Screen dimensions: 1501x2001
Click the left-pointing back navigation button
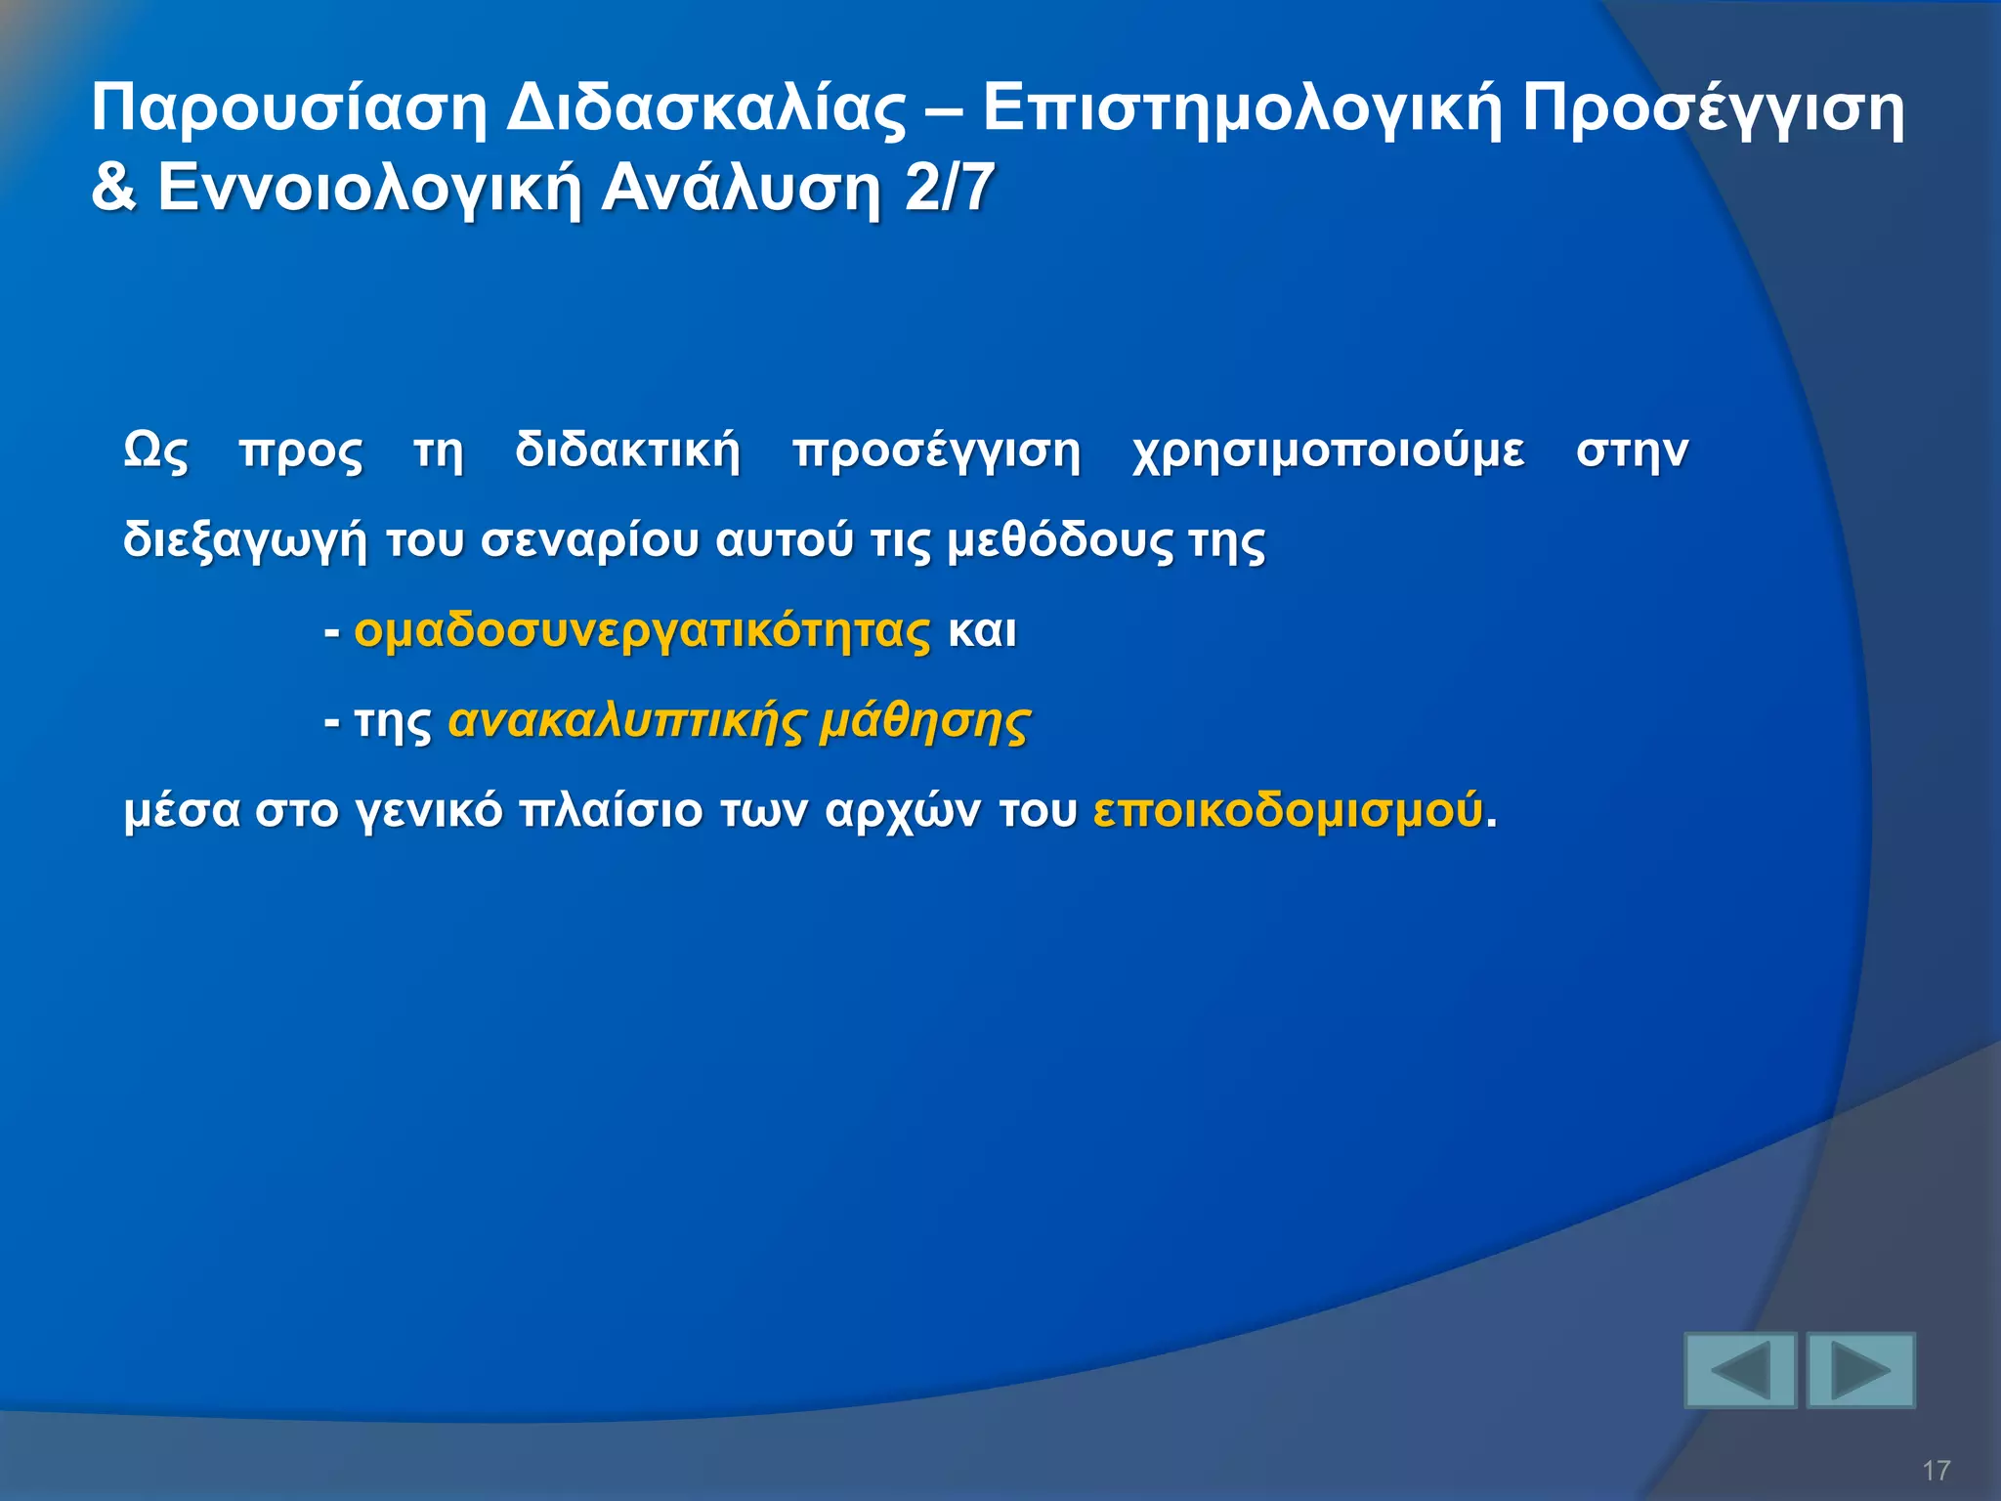(x=1740, y=1370)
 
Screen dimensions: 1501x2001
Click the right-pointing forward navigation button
(x=1860, y=1370)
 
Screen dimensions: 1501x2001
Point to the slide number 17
(x=1936, y=1470)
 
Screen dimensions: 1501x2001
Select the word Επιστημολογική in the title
(x=1241, y=109)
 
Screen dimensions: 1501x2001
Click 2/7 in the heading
(x=950, y=188)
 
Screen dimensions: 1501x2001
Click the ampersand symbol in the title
(x=114, y=188)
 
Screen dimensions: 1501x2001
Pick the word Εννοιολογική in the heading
(x=369, y=188)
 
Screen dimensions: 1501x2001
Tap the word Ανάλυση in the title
(x=741, y=188)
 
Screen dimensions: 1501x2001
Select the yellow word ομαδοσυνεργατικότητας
(x=642, y=631)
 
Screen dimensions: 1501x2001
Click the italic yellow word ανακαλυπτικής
(x=626, y=722)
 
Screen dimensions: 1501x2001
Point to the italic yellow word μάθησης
(x=924, y=722)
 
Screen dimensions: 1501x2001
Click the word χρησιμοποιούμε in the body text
(x=1328, y=451)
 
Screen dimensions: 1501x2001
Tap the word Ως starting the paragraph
(x=155, y=451)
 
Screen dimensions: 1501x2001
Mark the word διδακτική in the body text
(x=627, y=451)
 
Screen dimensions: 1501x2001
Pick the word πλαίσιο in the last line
(x=610, y=811)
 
